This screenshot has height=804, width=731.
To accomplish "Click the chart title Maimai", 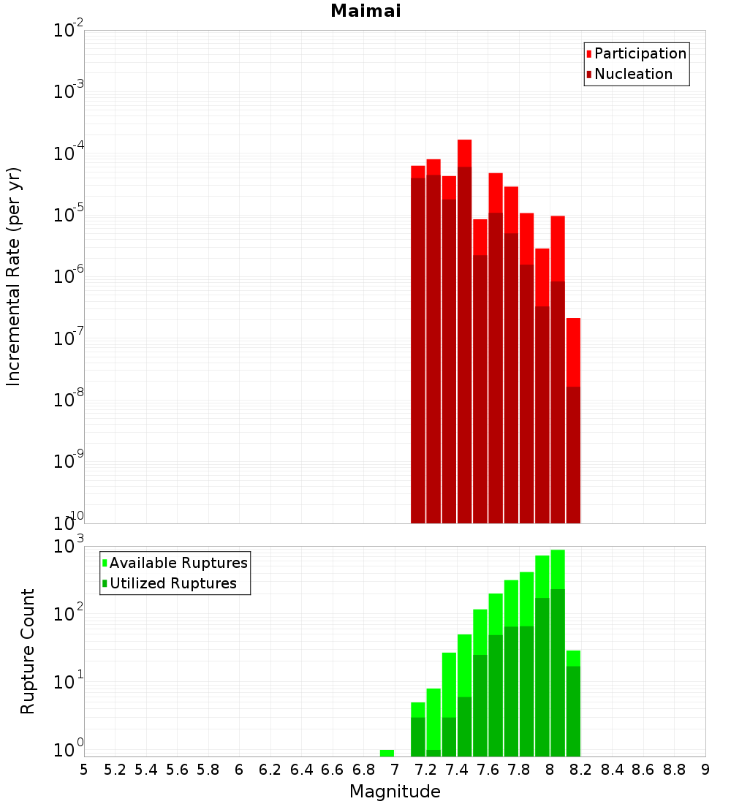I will coord(365,12).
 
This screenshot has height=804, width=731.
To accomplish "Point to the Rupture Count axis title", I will coord(28,651).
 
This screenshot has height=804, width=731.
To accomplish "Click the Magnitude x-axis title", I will coord(395,792).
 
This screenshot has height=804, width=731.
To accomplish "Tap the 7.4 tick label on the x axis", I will coord(457,770).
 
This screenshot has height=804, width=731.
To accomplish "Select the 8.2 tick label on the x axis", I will coord(581,770).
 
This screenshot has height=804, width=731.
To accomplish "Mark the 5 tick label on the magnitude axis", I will coord(84,770).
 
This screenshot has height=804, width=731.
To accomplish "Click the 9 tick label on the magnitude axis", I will coord(705,770).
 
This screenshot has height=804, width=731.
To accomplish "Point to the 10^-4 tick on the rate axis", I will coord(68,154).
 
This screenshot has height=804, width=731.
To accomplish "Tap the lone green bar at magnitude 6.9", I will coord(387,753).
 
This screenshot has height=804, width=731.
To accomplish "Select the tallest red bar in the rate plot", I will coord(465,329).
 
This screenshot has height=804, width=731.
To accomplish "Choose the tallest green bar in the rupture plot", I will coord(558,651).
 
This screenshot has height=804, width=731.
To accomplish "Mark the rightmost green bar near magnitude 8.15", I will coord(573,702).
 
